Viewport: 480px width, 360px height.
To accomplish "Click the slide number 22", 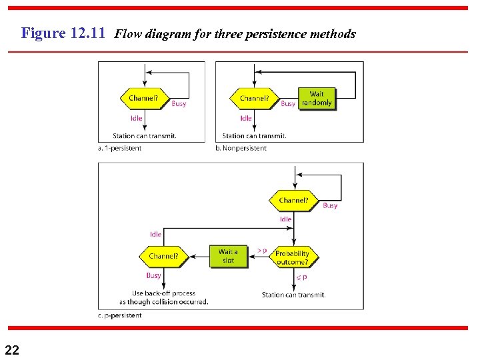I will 12,349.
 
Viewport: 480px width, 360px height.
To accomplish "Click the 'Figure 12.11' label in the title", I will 63,33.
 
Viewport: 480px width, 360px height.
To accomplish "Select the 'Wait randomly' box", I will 317,99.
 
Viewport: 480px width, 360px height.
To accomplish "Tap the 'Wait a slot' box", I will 228,256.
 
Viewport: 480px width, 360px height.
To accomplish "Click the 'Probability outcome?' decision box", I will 292,257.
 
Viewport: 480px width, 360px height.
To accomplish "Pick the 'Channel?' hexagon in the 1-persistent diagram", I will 143,99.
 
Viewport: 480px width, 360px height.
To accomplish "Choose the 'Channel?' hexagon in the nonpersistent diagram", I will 254,99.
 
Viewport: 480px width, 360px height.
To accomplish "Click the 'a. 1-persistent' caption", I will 119,148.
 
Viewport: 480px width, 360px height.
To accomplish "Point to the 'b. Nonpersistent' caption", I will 241,148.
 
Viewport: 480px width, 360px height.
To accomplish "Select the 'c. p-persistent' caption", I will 119,315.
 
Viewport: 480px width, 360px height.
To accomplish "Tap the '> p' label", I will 261,251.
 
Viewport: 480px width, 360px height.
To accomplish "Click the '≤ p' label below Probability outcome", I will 301,277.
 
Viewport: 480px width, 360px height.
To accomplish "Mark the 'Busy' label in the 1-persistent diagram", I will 179,104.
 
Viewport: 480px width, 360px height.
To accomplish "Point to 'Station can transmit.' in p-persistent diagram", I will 293,295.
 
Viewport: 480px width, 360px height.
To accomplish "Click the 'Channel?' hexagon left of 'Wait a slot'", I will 163,256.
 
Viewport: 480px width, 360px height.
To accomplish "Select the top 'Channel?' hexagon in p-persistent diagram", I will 293,200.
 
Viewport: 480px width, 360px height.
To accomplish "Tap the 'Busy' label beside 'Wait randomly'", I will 288,104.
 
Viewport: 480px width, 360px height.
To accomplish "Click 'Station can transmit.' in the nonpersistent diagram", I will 254,136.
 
